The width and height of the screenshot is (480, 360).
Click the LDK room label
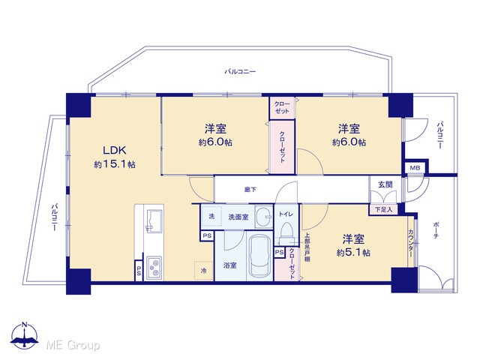tap(115, 150)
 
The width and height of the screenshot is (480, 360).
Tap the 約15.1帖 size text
tap(115, 165)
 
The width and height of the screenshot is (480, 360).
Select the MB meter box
tap(415, 168)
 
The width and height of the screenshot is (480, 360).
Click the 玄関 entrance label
tap(385, 184)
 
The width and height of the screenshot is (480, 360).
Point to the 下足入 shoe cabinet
tap(384, 210)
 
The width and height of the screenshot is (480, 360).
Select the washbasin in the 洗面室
tap(264, 217)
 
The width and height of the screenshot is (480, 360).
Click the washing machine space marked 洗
tap(211, 217)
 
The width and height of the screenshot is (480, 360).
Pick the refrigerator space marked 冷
tap(203, 271)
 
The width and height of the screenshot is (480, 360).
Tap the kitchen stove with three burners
tap(154, 268)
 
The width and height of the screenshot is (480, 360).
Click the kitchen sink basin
tap(154, 221)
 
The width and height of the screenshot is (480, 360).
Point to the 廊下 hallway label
tap(250, 190)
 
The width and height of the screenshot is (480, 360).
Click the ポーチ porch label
tap(436, 230)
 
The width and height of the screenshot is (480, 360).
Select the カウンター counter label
tap(411, 243)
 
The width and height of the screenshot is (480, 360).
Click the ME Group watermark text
tap(73, 345)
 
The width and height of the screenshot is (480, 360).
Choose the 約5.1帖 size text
tap(353, 253)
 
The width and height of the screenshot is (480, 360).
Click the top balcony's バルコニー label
tap(240, 72)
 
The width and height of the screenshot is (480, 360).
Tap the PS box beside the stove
tap(139, 271)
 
